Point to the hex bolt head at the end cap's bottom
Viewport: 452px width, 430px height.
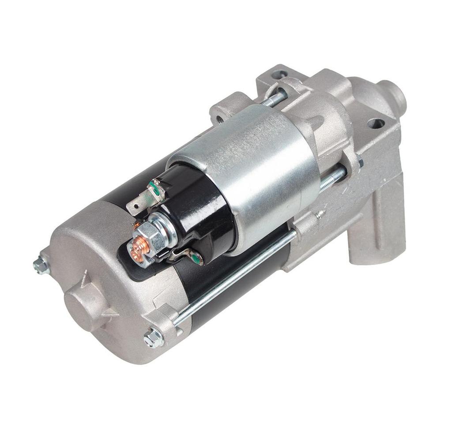pos(154,338)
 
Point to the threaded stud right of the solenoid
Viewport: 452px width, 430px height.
pos(333,179)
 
